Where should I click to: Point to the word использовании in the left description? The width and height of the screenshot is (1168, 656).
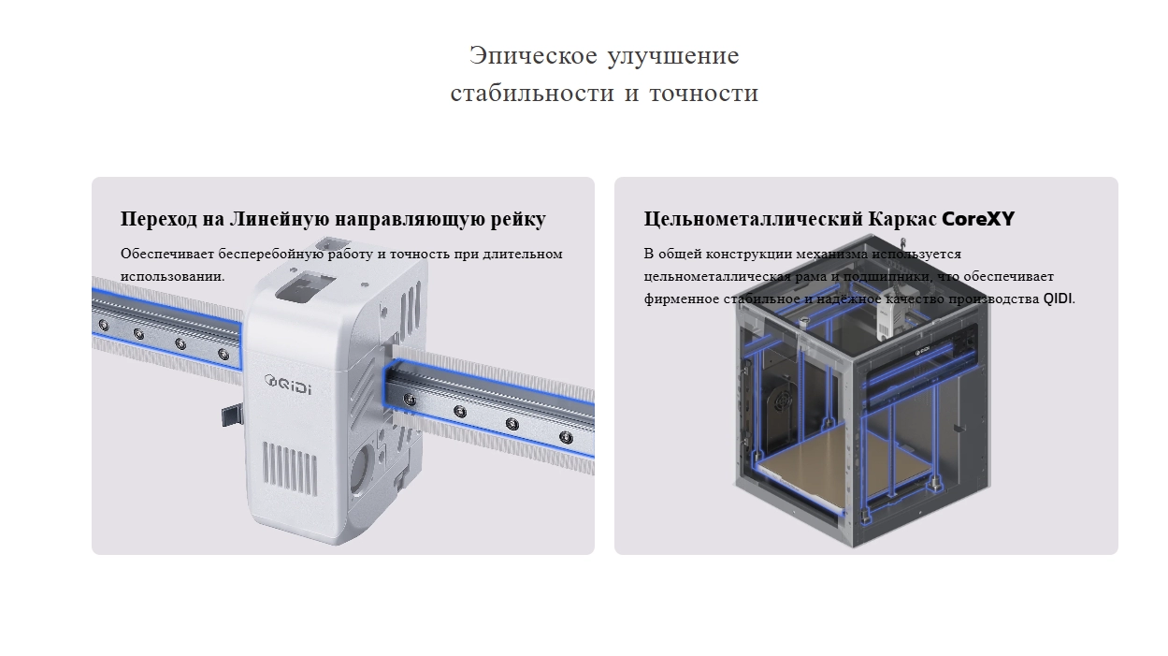point(171,277)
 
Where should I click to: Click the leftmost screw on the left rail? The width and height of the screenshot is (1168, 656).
point(103,326)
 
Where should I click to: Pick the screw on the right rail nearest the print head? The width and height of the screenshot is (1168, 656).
point(409,400)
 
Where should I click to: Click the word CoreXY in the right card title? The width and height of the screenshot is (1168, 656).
point(977,219)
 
